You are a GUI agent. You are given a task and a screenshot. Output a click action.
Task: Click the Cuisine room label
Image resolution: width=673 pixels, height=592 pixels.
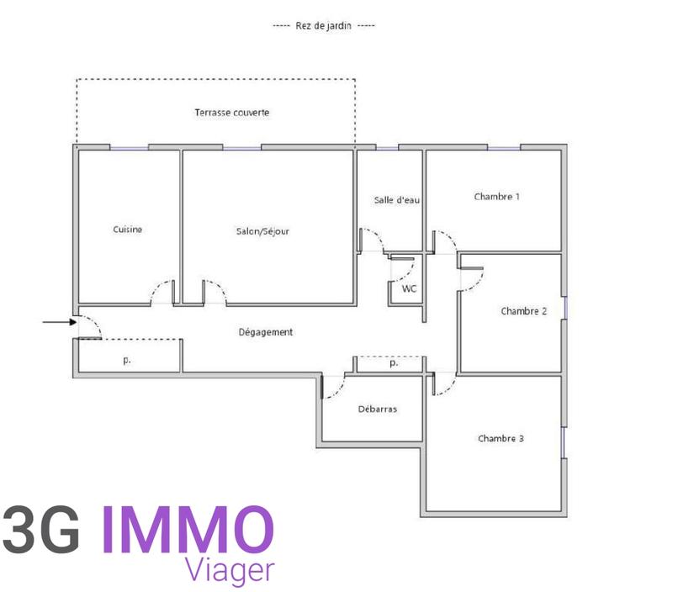128,230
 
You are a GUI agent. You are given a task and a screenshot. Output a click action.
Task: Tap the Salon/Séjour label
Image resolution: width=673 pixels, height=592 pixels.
262,230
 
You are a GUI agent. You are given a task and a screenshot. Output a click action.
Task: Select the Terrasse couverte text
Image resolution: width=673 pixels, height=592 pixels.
232,113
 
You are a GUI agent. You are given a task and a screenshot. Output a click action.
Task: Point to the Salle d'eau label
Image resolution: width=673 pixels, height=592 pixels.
397,200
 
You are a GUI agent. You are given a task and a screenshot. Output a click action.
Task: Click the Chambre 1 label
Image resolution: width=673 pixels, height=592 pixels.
496,197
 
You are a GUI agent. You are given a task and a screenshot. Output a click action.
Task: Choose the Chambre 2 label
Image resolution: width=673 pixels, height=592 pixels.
524,311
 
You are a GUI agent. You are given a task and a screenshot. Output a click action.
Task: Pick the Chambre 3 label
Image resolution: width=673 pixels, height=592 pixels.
501,438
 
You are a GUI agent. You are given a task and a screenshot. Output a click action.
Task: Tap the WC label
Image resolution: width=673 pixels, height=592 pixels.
409,288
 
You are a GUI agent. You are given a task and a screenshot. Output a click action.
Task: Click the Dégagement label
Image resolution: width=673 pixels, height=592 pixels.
265,332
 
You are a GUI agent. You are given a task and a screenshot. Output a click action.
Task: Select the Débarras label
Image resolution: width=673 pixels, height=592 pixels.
378,410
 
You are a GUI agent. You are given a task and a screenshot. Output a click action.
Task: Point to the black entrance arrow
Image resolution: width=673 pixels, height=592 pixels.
57,321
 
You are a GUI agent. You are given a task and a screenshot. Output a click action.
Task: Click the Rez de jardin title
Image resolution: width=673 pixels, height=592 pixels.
324,25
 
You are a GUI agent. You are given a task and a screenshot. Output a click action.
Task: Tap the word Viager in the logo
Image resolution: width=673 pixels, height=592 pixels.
230,569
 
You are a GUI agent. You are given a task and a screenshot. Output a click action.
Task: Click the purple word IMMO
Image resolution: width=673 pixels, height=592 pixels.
188,530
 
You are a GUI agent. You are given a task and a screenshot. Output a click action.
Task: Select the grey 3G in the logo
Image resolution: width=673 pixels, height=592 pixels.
42,530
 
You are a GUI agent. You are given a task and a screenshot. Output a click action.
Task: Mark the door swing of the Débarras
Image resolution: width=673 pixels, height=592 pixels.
335,387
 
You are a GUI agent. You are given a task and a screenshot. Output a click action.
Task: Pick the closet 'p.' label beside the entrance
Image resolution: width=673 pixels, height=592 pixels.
127,359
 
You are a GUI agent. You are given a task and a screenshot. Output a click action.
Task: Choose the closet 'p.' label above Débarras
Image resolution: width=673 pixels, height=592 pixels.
393,364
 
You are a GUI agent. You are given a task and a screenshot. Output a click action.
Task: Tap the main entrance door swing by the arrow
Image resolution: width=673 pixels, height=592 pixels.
89,327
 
